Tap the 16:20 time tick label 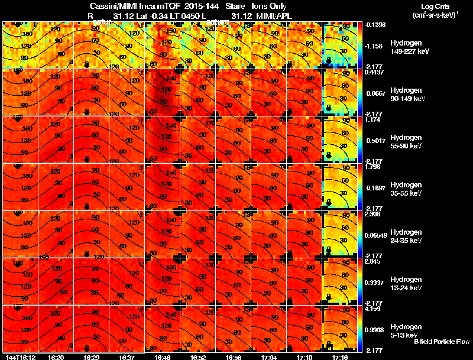(x=56, y=357)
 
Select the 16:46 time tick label (x=162, y=357)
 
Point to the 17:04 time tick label (x=269, y=357)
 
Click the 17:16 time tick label (x=340, y=357)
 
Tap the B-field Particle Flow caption (x=442, y=342)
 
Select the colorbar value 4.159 (x=372, y=309)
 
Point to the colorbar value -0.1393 (x=374, y=25)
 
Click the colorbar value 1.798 (x=372, y=167)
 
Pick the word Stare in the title (x=235, y=6)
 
